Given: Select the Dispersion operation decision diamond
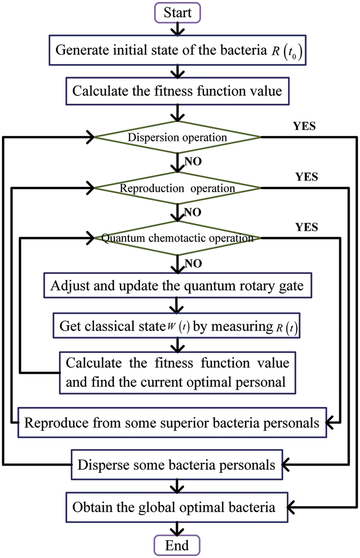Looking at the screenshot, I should pyautogui.click(x=177, y=137).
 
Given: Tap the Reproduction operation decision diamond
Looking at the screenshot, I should pyautogui.click(x=177, y=188).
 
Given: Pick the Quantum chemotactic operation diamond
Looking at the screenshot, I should pyautogui.click(x=177, y=238).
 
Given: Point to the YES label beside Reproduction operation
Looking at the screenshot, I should pyautogui.click(x=306, y=177).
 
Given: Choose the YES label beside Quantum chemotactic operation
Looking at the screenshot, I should pyautogui.click(x=306, y=228).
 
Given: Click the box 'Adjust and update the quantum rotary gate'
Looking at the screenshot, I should pyautogui.click(x=177, y=286).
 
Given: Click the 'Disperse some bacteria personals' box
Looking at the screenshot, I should pyautogui.click(x=177, y=465).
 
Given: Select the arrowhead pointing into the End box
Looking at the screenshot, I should pyautogui.click(x=177, y=532).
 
